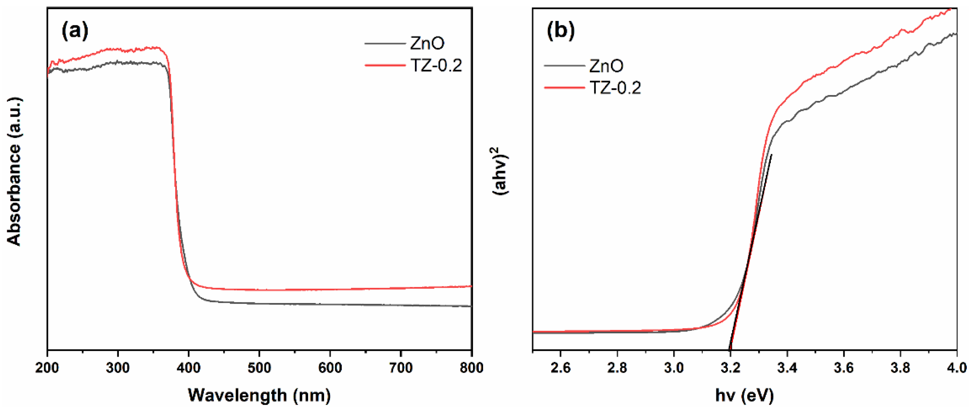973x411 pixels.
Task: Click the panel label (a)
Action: click(x=75, y=31)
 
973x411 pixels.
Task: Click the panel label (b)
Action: click(x=560, y=31)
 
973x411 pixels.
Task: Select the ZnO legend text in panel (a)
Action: click(x=427, y=44)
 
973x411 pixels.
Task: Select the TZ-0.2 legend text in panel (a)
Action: click(x=436, y=66)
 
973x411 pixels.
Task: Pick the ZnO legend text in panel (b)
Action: click(x=606, y=66)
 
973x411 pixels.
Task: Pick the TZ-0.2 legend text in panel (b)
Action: click(x=615, y=88)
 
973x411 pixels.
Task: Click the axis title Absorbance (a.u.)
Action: click(x=14, y=172)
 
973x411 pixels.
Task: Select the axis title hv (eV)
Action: click(x=745, y=395)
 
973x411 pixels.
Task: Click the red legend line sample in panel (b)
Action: click(x=564, y=88)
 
